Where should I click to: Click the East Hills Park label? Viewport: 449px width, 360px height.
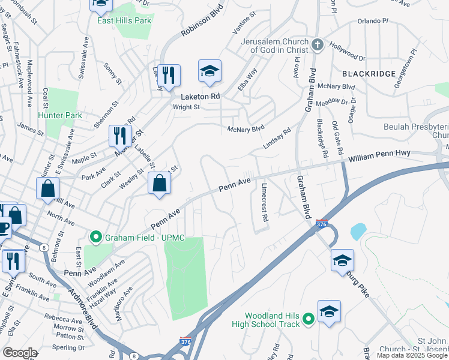(124, 20)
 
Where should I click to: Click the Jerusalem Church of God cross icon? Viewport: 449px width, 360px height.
(318, 45)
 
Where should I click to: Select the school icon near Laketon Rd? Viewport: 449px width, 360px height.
(209, 72)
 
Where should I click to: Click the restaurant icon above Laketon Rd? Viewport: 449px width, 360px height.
(169, 75)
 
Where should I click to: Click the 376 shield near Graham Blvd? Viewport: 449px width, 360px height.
(322, 223)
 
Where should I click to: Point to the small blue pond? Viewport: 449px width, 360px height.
(358, 231)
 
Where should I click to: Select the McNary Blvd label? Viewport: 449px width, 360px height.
(246, 128)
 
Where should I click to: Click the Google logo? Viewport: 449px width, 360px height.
(20, 353)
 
